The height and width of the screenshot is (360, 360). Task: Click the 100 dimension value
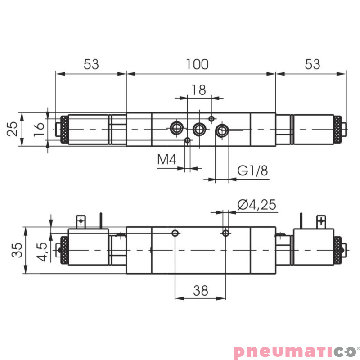[198, 64]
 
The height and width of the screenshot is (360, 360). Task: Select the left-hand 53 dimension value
[91, 64]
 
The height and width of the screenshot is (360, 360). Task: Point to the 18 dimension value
[198, 90]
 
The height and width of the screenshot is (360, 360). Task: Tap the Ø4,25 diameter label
[256, 205]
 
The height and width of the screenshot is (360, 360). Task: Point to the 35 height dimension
[16, 250]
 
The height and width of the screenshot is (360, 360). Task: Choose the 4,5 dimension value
[43, 251]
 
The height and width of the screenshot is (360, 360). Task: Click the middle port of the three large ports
[199, 130]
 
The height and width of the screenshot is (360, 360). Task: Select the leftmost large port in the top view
[176, 128]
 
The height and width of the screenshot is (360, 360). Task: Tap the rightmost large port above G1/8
[222, 130]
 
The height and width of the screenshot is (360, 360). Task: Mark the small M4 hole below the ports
[188, 140]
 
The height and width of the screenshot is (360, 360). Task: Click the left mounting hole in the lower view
[175, 233]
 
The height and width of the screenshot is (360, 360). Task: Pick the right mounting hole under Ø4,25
[226, 233]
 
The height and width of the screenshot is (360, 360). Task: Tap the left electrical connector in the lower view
[81, 221]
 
